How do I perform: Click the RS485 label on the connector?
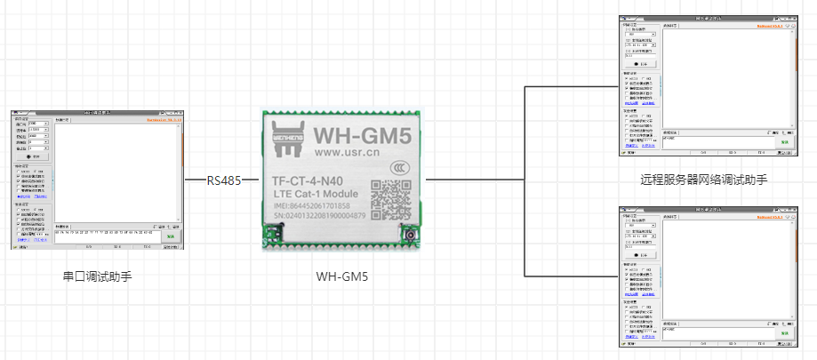[x=224, y=180]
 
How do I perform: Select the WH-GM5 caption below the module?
[x=342, y=276]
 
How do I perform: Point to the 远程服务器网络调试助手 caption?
[x=703, y=180]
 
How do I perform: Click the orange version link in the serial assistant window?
[x=164, y=118]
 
